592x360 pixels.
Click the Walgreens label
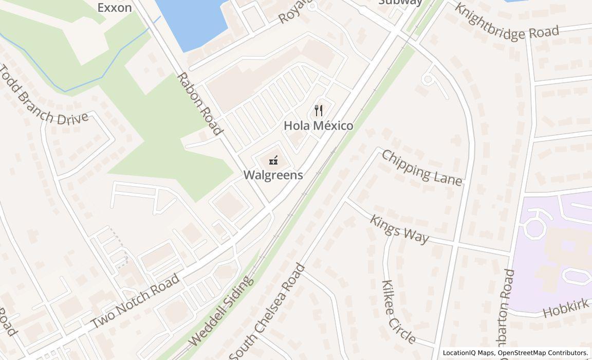click(x=273, y=175)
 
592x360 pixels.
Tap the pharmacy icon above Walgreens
click(x=273, y=160)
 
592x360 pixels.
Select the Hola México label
click(x=319, y=125)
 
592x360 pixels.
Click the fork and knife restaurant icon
click(x=319, y=110)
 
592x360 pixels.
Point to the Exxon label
click(x=115, y=7)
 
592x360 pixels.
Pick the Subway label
click(x=400, y=2)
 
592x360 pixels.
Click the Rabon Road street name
click(x=200, y=103)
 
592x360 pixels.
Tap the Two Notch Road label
click(x=136, y=301)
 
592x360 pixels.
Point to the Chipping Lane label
click(x=422, y=167)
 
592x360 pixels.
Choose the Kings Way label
click(x=399, y=229)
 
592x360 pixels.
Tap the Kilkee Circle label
click(x=398, y=312)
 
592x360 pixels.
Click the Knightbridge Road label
click(x=506, y=23)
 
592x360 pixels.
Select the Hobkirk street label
click(x=565, y=309)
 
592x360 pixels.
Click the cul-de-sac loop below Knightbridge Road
click(x=428, y=79)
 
